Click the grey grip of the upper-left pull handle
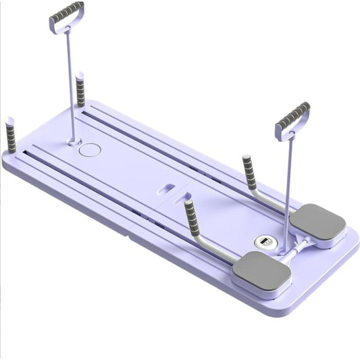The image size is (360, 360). coord(67,12)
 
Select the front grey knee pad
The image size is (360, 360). coord(261,269)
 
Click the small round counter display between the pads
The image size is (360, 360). coord(262,241)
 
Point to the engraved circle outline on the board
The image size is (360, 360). coord(88,149)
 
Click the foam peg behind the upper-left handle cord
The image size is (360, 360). coord(81,90)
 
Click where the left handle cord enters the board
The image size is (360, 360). coord(74,141)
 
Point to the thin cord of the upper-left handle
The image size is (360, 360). coord(70,81)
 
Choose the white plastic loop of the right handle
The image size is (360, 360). coord(283,132)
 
